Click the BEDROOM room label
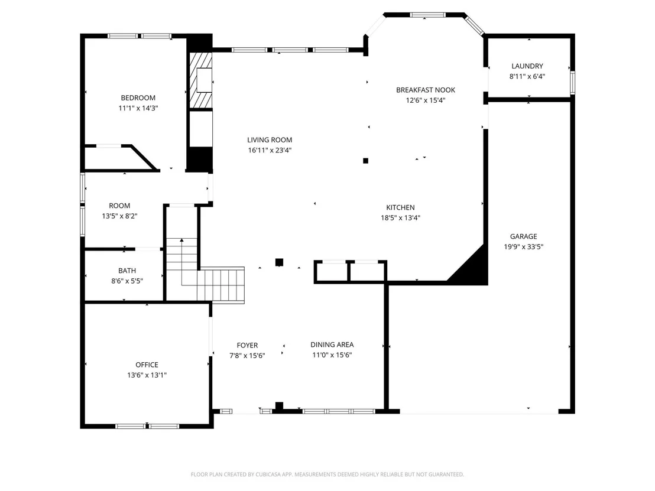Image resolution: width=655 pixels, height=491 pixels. tap(138, 97)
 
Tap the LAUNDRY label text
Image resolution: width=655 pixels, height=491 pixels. tap(527, 66)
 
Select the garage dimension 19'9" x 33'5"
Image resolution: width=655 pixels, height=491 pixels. tap(523, 247)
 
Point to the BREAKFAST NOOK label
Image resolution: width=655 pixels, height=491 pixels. tap(426, 90)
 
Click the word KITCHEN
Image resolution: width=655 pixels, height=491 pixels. tap(400, 207)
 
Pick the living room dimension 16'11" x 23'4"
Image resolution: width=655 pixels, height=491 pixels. tap(270, 150)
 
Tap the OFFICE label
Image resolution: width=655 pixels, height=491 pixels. tap(147, 365)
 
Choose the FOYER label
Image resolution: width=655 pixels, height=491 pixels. tap(247, 345)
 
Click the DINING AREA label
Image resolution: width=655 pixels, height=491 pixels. tap(332, 344)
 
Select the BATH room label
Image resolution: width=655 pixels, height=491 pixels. tap(127, 271)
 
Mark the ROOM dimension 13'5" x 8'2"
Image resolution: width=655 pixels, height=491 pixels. tap(119, 216)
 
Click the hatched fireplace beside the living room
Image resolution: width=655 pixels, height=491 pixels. tap(201, 80)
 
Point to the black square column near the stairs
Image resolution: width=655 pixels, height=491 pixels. tap(279, 262)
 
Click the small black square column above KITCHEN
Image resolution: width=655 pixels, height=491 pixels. tap(365, 160)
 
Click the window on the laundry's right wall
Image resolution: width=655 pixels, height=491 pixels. tap(573, 83)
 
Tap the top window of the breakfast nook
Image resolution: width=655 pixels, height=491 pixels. tap(427, 15)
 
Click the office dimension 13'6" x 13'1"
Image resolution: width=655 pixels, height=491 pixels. tap(147, 375)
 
